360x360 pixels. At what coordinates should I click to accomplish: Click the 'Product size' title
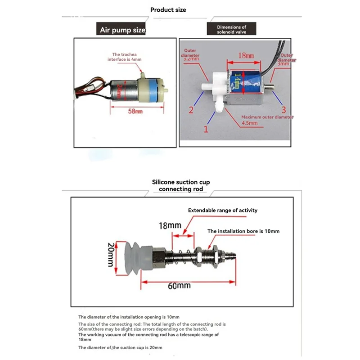(168, 9)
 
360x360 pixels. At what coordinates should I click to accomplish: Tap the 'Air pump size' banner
(122, 30)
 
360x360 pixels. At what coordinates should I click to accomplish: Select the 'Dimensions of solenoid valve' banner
(232, 30)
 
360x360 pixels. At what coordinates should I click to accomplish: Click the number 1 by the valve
(207, 130)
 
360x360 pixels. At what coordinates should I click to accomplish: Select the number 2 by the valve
(191, 110)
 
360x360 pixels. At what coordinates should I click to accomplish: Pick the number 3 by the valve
(283, 110)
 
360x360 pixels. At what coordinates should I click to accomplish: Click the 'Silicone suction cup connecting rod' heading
(181, 185)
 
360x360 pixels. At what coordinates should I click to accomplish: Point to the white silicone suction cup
(132, 256)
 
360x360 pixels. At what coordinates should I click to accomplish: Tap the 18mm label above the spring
(170, 225)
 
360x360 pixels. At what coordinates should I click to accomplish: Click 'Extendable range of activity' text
(223, 210)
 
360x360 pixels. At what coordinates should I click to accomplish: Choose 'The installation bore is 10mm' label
(243, 231)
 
